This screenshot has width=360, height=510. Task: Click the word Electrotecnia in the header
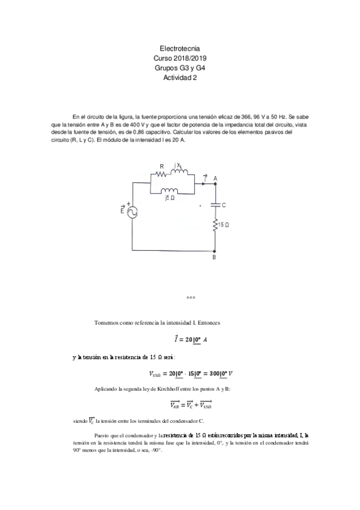(180, 48)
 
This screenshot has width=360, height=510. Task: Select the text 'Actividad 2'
(180, 77)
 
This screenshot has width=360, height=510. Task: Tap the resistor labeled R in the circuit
(161, 175)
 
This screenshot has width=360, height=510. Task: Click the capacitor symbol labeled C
(215, 205)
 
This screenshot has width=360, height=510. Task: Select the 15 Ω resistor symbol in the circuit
(215, 225)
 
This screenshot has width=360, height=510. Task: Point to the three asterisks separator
(191, 298)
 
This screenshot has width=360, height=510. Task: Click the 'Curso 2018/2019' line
(180, 58)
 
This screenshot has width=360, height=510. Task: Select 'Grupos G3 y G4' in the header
(180, 67)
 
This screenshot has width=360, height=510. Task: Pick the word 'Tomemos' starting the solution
(107, 323)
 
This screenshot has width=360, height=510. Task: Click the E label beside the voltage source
(123, 210)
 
